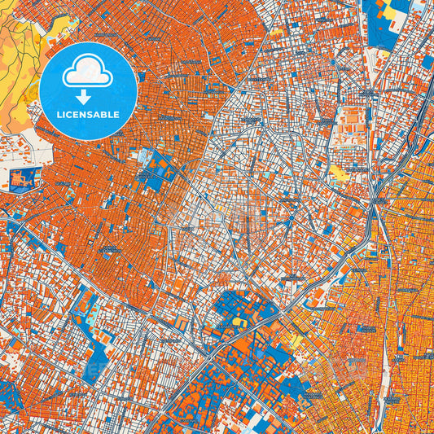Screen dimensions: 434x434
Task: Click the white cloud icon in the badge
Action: pyautogui.click(x=88, y=72)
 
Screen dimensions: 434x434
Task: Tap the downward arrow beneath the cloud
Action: pyautogui.click(x=88, y=96)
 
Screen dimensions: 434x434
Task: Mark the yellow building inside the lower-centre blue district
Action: pyautogui.click(x=239, y=321)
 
